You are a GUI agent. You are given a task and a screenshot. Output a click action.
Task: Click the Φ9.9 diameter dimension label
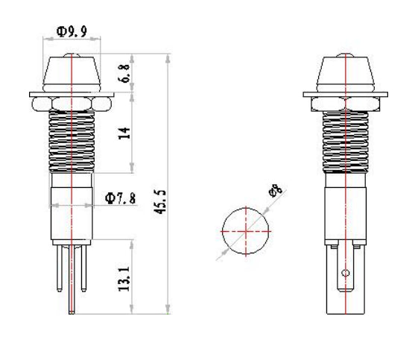pos(72,31)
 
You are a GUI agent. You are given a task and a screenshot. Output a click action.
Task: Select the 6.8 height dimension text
pos(125,73)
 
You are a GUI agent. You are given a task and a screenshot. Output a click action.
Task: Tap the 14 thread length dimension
pos(124,133)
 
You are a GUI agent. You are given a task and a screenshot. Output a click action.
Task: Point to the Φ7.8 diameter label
pos(121,198)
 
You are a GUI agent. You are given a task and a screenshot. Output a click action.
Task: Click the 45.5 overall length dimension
pos(160,202)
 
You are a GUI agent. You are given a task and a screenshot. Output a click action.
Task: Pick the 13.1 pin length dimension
pos(124,279)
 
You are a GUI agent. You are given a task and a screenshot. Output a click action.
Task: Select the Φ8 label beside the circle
pos(276,191)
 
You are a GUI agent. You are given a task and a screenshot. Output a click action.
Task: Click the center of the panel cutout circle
pos(246,231)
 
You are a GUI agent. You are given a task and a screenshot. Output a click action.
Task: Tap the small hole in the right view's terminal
pos(346,273)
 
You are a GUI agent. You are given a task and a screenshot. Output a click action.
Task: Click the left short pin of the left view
pos(60,268)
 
